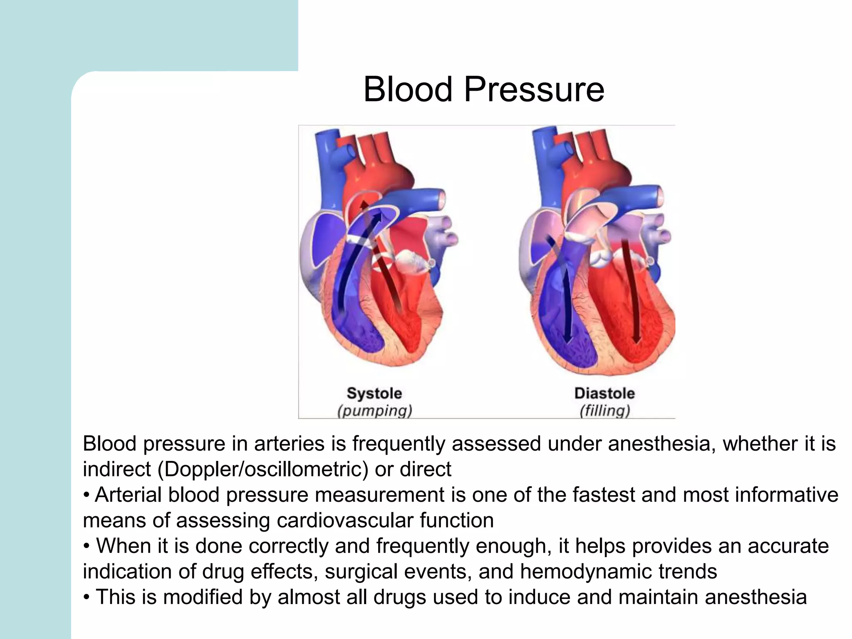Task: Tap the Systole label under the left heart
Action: [x=374, y=393]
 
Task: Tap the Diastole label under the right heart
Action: [x=604, y=393]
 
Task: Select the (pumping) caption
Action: [x=374, y=411]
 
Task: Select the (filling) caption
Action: [x=605, y=411]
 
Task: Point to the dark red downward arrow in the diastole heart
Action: [x=630, y=291]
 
